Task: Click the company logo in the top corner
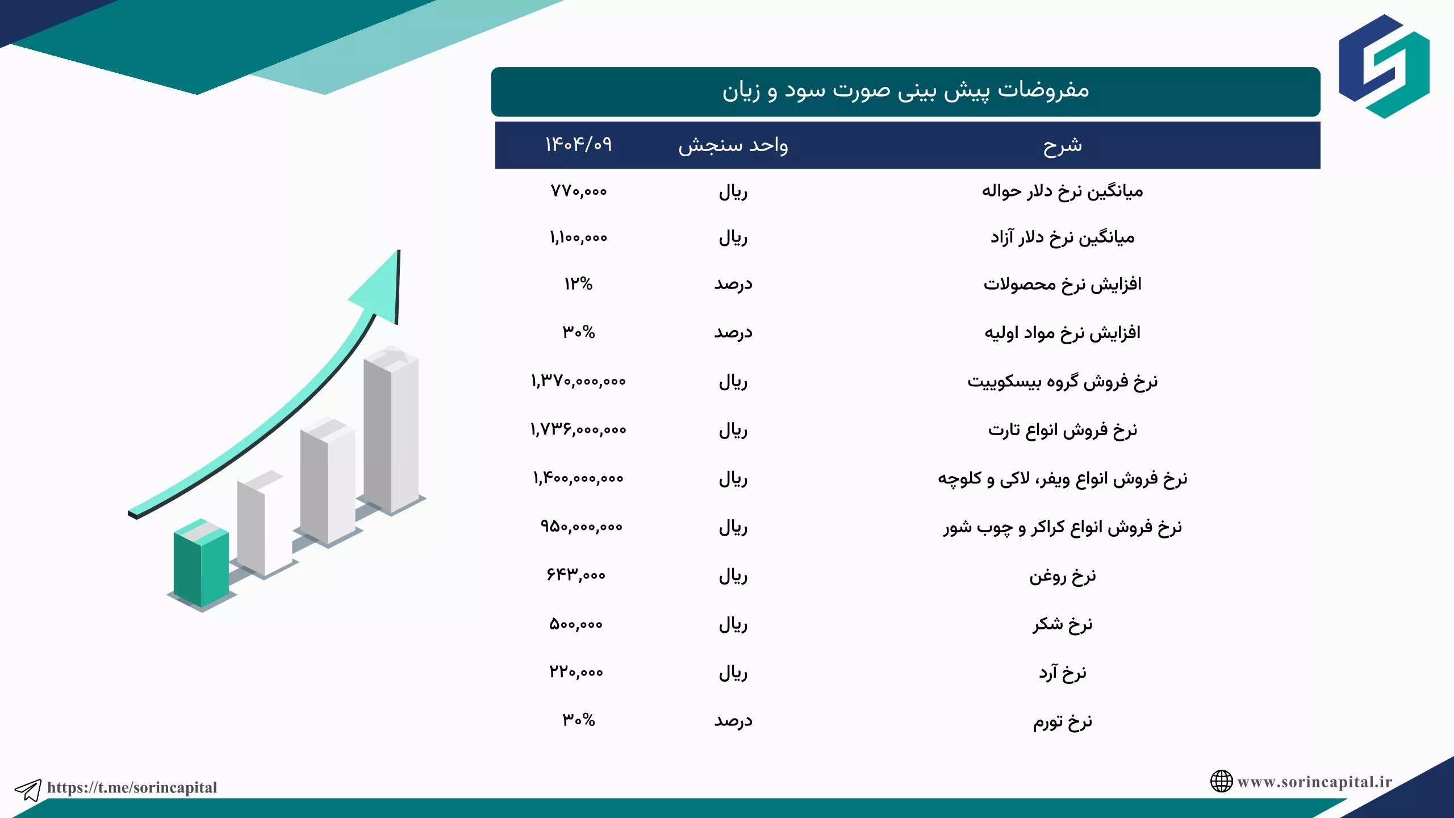1384,66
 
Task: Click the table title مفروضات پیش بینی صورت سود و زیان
906,91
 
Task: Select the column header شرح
1063,146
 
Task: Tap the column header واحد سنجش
733,145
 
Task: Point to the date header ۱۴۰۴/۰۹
579,144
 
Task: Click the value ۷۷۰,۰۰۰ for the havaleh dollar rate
579,191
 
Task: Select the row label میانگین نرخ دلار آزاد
1063,237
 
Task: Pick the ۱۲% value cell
579,283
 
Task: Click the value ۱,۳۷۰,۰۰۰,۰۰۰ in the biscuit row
579,381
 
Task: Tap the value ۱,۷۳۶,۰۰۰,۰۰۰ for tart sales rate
579,430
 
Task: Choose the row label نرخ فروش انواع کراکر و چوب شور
1063,528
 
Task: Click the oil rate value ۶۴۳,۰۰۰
576,575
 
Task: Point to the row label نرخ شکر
1063,624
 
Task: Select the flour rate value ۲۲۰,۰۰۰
576,673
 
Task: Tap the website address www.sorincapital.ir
1315,782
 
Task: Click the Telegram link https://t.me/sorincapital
132,787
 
